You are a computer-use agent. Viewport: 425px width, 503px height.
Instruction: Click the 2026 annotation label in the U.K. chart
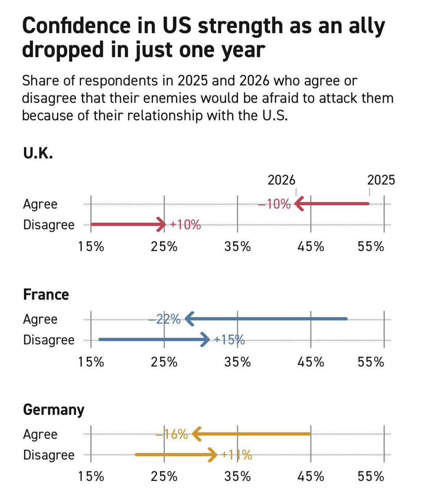pos(282,180)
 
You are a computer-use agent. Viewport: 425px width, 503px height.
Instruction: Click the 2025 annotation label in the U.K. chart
pos(381,180)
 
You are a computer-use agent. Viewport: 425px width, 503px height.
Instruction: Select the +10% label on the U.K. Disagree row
pos(185,225)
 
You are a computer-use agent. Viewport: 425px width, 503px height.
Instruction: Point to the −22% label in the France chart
pos(164,320)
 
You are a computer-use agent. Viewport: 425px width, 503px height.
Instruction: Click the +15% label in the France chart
pos(229,340)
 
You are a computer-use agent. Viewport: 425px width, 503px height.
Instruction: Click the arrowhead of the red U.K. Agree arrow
pos(299,204)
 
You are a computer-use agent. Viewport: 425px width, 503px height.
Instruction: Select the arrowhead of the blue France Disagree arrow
pos(205,340)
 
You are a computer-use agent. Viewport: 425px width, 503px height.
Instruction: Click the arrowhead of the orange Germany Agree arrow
pos(196,434)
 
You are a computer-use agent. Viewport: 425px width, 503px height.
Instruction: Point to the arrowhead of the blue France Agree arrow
pos(189,319)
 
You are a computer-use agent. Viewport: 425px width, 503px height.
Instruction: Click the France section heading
pos(46,295)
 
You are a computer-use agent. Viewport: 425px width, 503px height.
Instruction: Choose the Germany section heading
pos(53,409)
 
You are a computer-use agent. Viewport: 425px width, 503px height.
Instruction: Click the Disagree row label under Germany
pos(48,455)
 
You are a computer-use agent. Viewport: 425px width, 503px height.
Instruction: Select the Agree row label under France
pos(40,319)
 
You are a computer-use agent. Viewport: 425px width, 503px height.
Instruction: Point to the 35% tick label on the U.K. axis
pos(237,247)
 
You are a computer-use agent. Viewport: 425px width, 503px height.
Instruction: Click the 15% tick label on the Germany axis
pos(91,477)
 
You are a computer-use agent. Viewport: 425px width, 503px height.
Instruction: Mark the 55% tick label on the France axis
pos(371,362)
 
